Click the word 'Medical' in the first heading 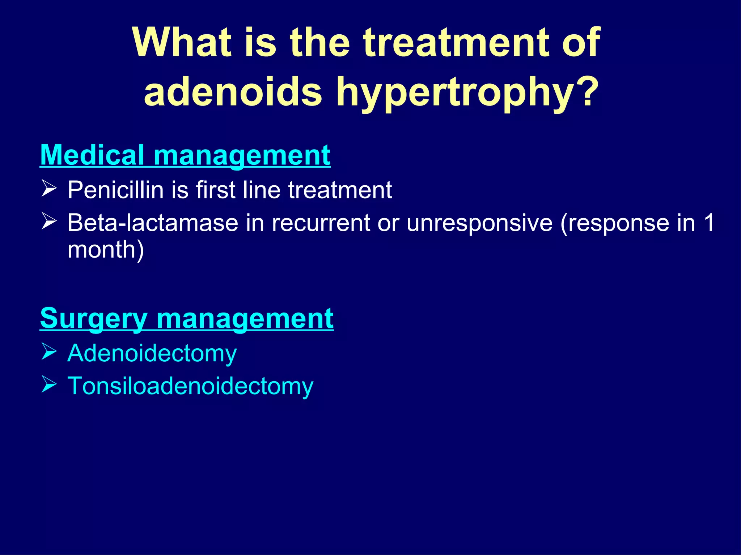pos(92,155)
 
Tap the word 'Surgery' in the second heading pos(93,318)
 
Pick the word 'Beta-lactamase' pos(153,223)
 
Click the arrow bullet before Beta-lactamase pos(49,221)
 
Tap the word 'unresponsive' pos(479,223)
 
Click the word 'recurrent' pos(321,223)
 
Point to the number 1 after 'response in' pos(709,223)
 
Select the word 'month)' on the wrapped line pos(106,250)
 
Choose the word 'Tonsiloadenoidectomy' pos(190,386)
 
